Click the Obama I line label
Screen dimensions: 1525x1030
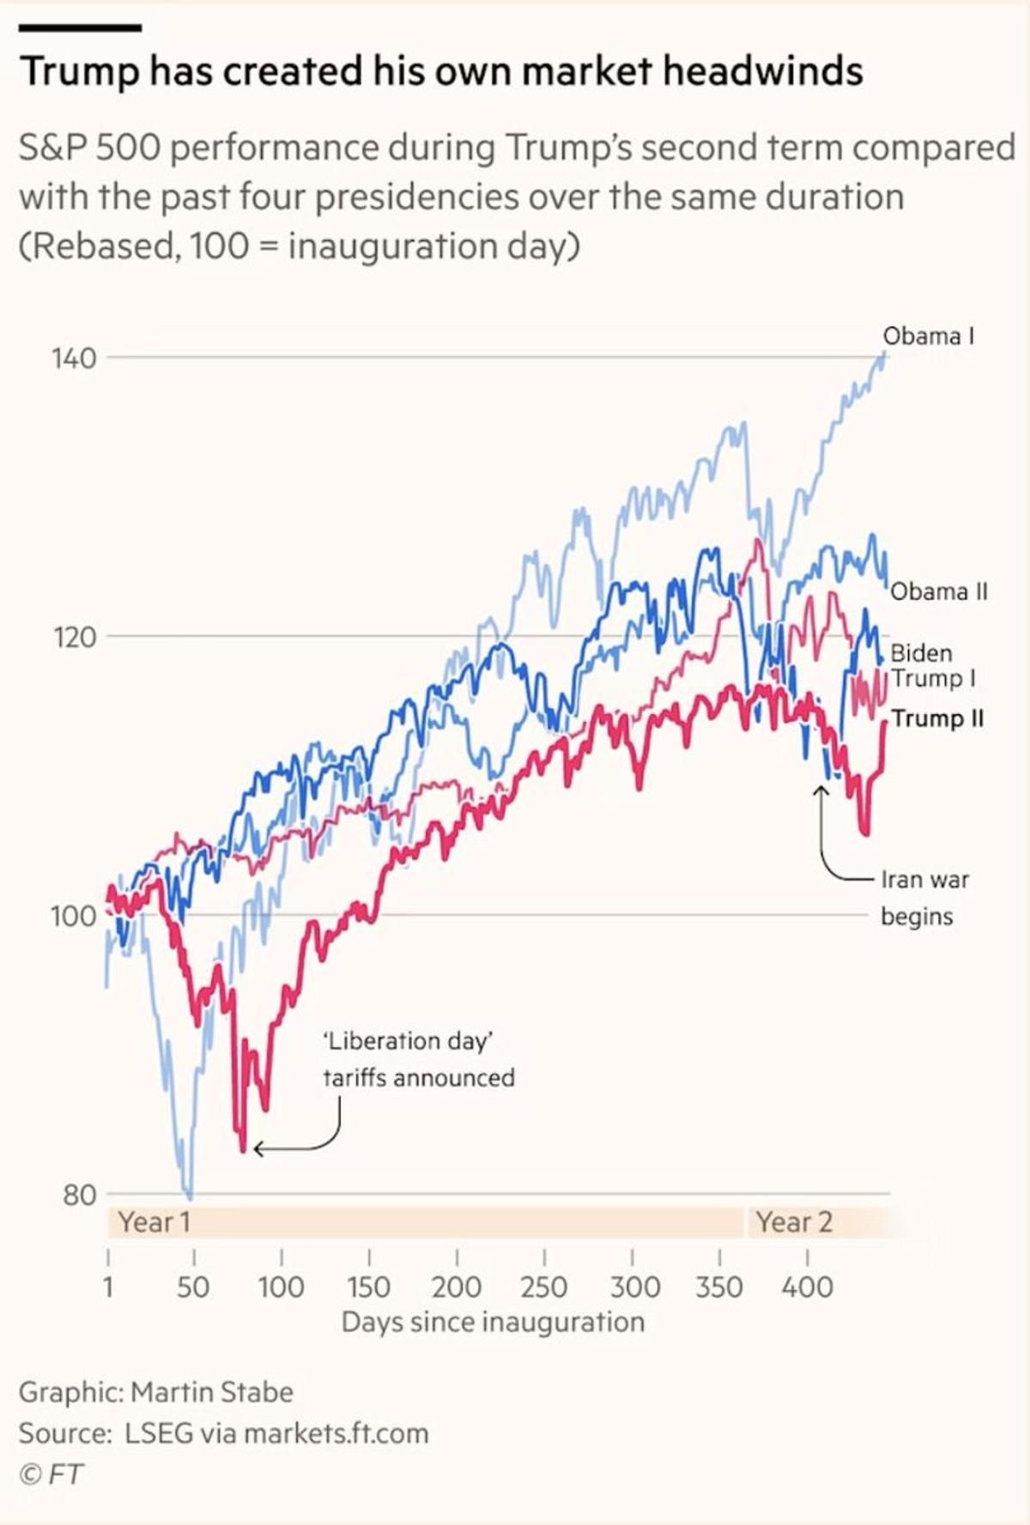[x=928, y=336]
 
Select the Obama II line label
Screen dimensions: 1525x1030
[x=938, y=591]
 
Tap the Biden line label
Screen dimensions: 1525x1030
[x=921, y=653]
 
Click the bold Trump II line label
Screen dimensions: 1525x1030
[x=937, y=717]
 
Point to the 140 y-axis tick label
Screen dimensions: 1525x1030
[x=74, y=358]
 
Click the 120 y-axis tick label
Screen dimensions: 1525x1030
[x=74, y=638]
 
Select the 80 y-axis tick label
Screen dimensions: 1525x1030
[x=79, y=1195]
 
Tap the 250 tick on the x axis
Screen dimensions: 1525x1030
[x=543, y=1286]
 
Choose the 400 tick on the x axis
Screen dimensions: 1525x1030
[x=807, y=1286]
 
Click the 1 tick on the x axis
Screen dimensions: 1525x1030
[x=108, y=1286]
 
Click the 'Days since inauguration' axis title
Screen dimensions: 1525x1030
[x=493, y=1322]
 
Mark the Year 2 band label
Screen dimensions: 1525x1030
[x=794, y=1222]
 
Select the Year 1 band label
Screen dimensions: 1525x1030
[x=154, y=1222]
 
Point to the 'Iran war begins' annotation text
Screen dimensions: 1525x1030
[x=924, y=898]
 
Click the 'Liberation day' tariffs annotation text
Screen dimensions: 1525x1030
[x=418, y=1059]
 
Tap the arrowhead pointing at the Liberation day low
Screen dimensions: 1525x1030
[x=257, y=1148]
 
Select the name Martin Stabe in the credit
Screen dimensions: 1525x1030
[x=212, y=1391]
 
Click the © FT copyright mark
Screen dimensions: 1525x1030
[x=51, y=1474]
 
